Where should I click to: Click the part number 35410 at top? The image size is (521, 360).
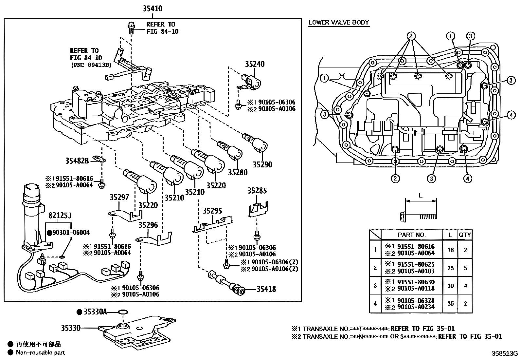point(153,9)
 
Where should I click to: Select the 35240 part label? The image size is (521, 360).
point(255,65)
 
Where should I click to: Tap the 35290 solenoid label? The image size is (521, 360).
point(262,165)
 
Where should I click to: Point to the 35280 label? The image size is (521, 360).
point(238,173)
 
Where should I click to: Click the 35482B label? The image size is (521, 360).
point(77,161)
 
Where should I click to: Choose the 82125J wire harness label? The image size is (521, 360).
point(60,216)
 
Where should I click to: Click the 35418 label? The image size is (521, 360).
point(266,289)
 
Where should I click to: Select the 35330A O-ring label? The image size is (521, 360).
point(95,312)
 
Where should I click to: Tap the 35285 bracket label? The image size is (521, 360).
point(257,191)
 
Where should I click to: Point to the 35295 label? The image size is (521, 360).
point(212,211)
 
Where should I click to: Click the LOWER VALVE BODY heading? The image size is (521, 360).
point(339,23)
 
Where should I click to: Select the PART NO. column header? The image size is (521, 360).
point(411,235)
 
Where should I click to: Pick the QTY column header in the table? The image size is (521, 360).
point(465,235)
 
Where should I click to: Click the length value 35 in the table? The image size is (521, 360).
point(450,304)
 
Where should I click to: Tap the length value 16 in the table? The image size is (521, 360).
point(450,250)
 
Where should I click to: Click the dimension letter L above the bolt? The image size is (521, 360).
point(421,196)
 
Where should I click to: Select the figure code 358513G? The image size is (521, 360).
point(504,354)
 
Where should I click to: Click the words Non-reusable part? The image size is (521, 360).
point(41,353)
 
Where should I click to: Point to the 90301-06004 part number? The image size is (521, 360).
point(71,233)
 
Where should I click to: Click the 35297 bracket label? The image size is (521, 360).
point(119,198)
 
